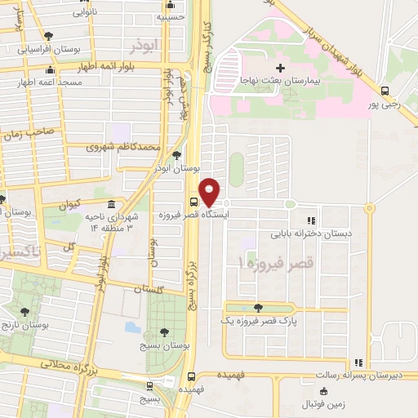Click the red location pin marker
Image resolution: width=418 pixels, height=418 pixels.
(210, 191)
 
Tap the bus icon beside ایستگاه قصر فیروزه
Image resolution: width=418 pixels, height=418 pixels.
(194, 201)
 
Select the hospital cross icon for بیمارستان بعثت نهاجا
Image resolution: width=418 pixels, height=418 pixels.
(281, 68)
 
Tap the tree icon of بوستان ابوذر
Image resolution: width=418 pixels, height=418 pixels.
(176, 154)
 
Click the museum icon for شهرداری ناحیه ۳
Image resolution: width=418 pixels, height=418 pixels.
(110, 204)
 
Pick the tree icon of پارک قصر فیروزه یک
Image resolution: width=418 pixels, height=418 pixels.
(258, 308)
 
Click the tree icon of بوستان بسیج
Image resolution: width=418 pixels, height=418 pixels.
(165, 332)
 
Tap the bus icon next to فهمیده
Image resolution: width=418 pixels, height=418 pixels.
(191, 376)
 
